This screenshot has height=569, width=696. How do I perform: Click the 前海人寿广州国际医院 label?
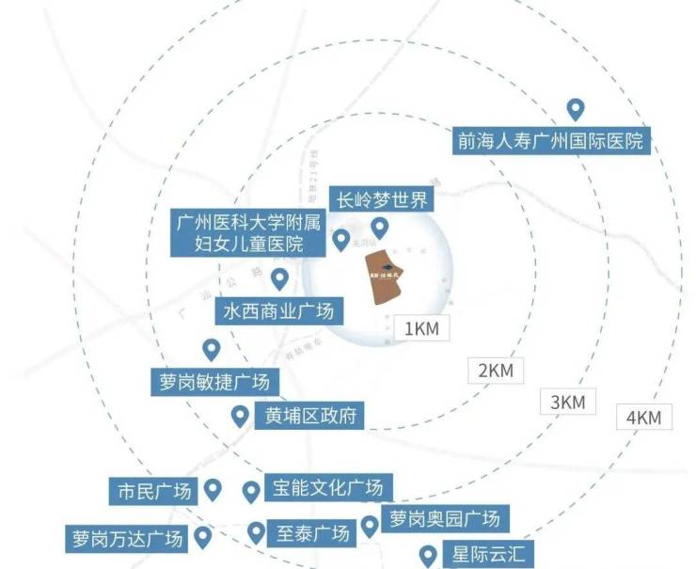550,142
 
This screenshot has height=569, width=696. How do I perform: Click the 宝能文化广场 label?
327,489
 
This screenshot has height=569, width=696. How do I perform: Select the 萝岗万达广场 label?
125,539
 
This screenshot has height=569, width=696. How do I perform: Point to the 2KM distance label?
495,371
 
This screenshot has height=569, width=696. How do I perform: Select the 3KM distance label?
567,402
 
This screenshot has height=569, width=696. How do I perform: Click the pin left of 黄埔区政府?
240,415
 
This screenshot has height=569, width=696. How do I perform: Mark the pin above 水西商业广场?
279,278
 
